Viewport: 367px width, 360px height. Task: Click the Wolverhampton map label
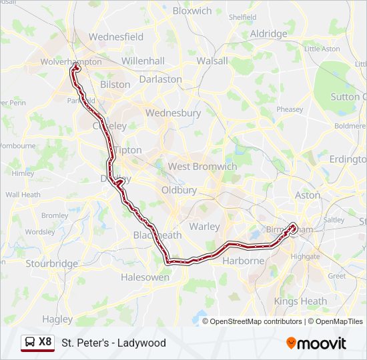(x=71, y=61)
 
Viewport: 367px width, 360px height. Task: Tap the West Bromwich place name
(x=202, y=167)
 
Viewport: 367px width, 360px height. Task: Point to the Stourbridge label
(x=52, y=263)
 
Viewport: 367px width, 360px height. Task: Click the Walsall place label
(x=212, y=61)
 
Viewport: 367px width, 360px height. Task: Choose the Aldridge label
(x=268, y=33)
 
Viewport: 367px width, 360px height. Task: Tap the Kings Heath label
(x=300, y=301)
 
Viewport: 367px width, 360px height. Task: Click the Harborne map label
(x=243, y=261)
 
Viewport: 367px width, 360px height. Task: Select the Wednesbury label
(x=173, y=113)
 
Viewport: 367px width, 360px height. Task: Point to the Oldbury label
(x=179, y=190)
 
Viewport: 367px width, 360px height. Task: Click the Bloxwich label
(x=192, y=11)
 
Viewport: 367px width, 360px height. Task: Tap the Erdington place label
(x=348, y=159)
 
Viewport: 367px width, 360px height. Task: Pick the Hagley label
(x=57, y=319)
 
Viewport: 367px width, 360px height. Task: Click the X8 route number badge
(x=45, y=342)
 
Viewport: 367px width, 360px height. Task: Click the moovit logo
(x=316, y=343)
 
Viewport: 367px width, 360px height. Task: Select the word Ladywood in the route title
(x=142, y=343)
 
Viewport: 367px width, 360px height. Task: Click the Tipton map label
(x=127, y=150)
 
